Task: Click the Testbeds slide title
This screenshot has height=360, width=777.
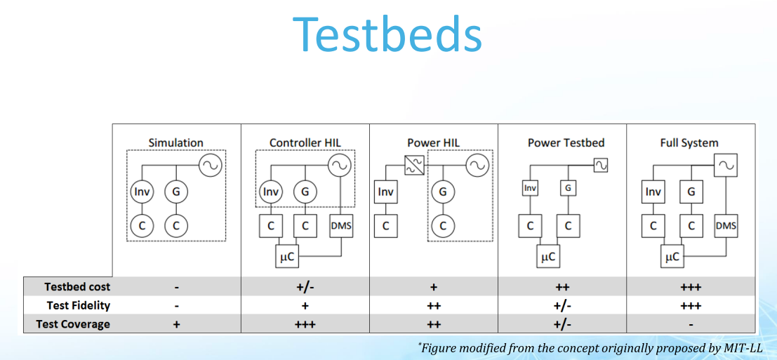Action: [x=387, y=34]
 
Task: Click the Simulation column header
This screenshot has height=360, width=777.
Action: [x=176, y=142]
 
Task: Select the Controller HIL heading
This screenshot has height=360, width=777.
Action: [x=305, y=142]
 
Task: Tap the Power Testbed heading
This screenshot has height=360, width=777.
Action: [x=566, y=142]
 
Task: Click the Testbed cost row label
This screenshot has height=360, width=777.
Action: [x=77, y=287]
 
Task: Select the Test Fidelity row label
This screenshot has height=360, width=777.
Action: [x=79, y=305]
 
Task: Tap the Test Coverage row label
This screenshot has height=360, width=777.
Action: [x=73, y=324]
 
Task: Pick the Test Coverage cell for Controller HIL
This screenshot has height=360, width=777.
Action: [x=305, y=324]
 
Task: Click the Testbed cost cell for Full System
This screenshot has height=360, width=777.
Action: [x=691, y=287]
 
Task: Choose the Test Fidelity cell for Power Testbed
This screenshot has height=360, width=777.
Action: [x=562, y=305]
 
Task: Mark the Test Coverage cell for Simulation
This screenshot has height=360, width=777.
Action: [x=176, y=324]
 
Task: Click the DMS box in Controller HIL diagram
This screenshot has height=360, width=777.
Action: [x=341, y=226]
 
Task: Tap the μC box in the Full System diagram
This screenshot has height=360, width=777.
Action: [x=672, y=257]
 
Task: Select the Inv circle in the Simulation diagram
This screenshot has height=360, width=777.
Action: [x=142, y=192]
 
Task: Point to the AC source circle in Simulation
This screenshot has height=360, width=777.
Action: [x=211, y=166]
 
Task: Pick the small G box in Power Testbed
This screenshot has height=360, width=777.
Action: [x=568, y=188]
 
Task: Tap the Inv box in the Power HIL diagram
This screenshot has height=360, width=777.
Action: [x=385, y=192]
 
